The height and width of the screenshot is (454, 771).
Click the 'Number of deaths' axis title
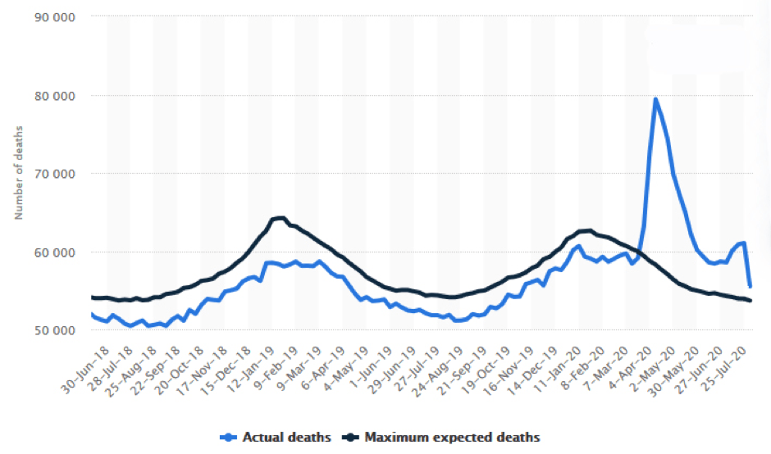[x=18, y=173]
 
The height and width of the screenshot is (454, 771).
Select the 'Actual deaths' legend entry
[x=279, y=437]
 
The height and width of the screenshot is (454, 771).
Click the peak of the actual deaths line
[x=655, y=99]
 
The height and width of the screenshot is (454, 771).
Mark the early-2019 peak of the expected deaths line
[x=279, y=217]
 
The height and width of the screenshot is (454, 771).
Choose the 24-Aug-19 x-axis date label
[x=449, y=361]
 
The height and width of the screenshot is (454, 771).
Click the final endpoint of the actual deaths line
[x=750, y=287]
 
